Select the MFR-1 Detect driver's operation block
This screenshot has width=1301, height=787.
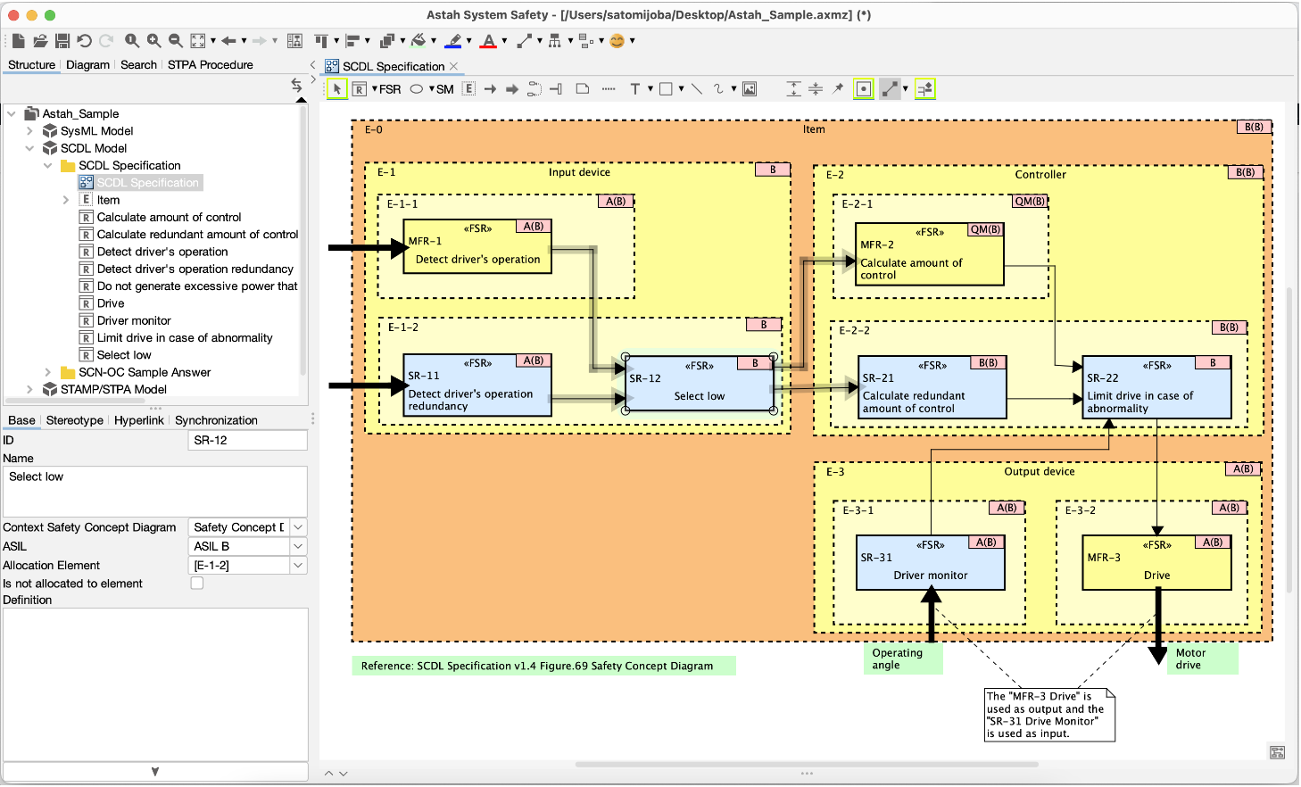point(476,249)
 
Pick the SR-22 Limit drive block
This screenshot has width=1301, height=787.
point(1156,390)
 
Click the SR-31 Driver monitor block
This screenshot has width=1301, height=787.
point(930,565)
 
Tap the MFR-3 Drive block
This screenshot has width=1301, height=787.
point(1156,565)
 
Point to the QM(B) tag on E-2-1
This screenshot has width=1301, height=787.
point(1029,202)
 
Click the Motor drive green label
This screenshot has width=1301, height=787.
point(1201,659)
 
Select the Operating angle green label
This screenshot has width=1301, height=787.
point(904,659)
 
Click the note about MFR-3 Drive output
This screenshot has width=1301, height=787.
point(1048,715)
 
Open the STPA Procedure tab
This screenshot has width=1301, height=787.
point(210,65)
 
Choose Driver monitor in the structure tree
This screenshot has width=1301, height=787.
point(134,320)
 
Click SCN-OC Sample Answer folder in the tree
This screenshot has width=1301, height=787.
point(145,372)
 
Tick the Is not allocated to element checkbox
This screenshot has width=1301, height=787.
point(197,583)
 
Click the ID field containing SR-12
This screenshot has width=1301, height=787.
point(247,440)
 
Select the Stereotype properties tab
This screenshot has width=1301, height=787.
point(74,420)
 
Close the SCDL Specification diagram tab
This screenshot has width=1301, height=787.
point(454,66)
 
